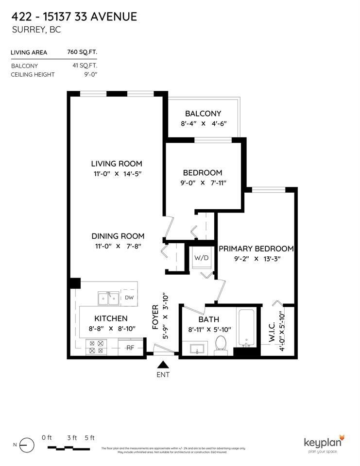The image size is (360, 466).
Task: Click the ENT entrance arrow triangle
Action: coord(163,365)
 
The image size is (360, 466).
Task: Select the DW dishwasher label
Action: coord(129,298)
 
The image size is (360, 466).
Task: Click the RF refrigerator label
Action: coord(130,348)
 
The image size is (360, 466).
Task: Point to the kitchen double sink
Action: coord(109,299)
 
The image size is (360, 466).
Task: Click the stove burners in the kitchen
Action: coord(95,347)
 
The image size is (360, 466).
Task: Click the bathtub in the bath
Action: coord(247,328)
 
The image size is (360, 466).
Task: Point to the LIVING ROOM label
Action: coord(117,164)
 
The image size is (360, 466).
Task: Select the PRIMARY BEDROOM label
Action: coord(256,249)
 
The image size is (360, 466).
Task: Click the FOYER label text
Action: coord(155,317)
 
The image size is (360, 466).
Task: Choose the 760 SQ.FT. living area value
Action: coord(85,52)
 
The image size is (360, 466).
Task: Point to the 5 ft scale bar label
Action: coord(89,438)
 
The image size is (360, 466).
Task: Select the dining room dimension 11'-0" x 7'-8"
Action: coord(118,246)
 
